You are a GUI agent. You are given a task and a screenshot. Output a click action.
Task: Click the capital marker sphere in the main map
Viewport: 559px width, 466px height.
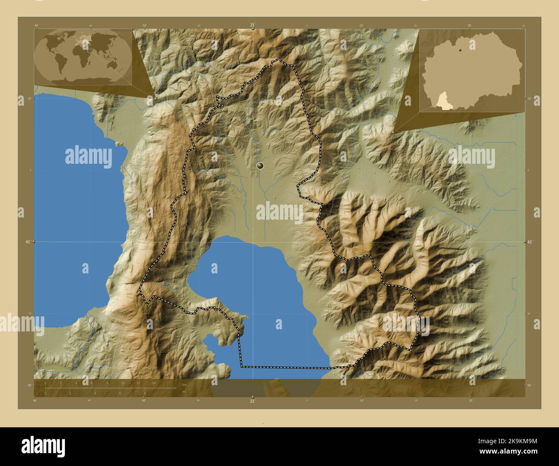coord(260,165)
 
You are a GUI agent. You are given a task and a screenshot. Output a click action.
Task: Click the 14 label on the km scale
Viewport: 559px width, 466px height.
coord(154,383)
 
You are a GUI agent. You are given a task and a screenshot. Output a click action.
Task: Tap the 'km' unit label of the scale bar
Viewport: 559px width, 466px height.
coord(184,384)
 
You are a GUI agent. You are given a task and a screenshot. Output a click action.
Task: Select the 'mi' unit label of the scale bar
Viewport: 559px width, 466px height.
coord(184,392)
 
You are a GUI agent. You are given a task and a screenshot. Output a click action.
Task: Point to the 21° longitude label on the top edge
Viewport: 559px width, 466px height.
coord(252,25)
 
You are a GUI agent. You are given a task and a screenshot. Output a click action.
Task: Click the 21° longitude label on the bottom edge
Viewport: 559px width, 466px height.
coord(252,401)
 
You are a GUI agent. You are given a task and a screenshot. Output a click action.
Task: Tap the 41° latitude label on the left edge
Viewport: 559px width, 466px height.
coord(28,242)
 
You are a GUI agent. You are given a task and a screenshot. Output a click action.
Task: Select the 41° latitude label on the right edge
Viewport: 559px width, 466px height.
coord(530,242)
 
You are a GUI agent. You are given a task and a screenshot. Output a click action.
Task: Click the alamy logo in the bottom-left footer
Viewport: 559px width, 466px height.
coord(43,445)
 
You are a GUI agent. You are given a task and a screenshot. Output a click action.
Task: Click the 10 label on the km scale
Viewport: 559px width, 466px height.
coord(123,383)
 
